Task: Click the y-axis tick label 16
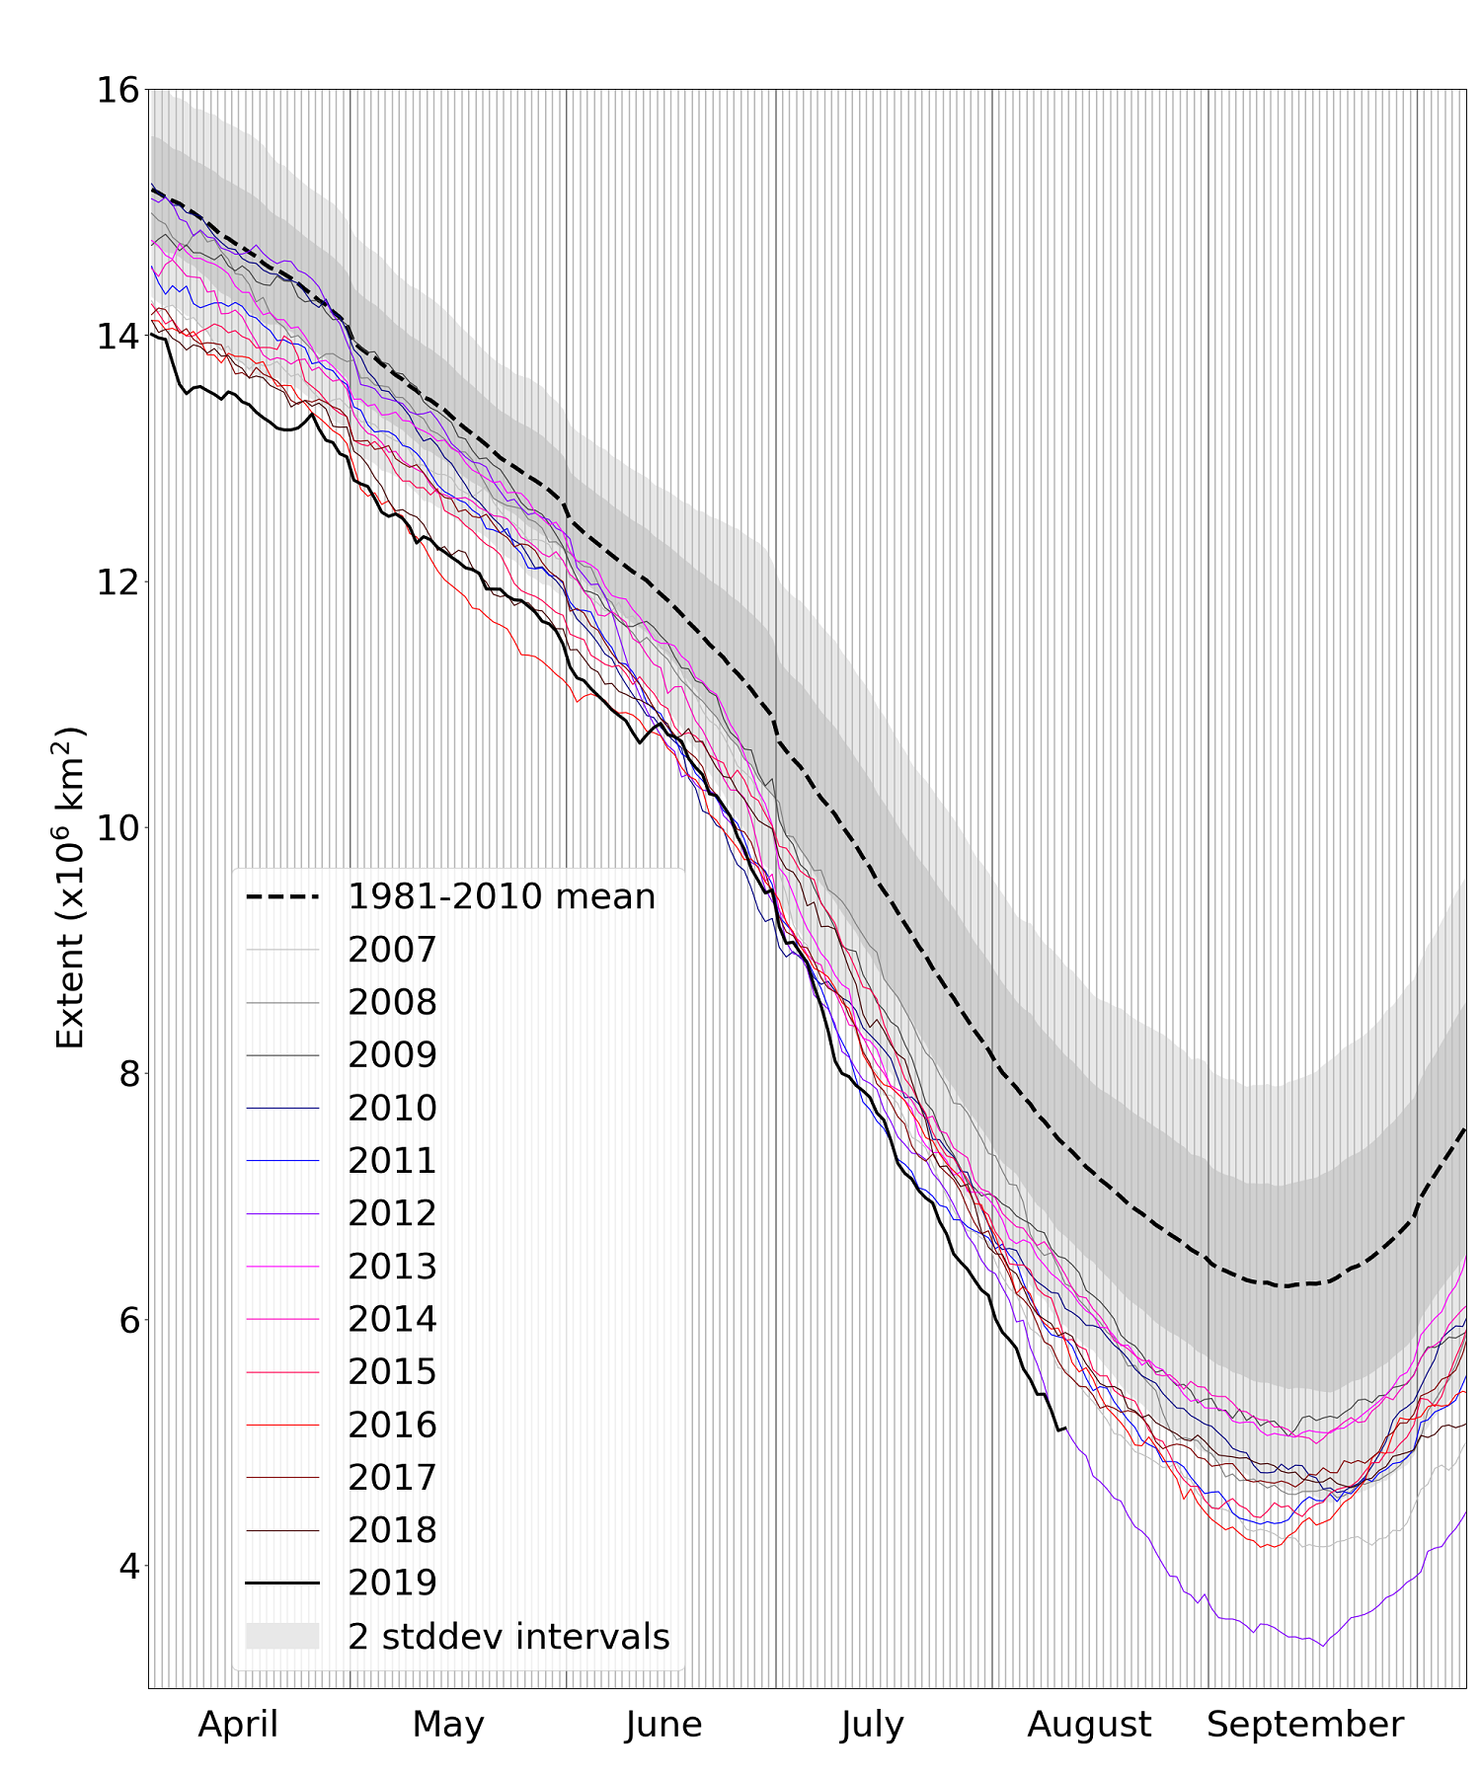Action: (117, 90)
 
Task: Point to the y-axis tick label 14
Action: (117, 336)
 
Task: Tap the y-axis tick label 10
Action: (117, 827)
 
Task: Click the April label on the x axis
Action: (238, 1725)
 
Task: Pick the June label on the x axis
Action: (663, 1725)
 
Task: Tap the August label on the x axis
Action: (1089, 1725)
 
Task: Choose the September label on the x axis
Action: (1304, 1725)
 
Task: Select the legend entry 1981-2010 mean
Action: (502, 896)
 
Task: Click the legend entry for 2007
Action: (392, 950)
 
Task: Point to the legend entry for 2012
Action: (392, 1213)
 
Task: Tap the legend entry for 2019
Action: (392, 1583)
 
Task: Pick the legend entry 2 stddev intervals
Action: (508, 1636)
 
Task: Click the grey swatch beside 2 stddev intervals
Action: (282, 1636)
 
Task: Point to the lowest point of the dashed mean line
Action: (1284, 1286)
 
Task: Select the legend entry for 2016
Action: (392, 1425)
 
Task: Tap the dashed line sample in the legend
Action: (282, 896)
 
